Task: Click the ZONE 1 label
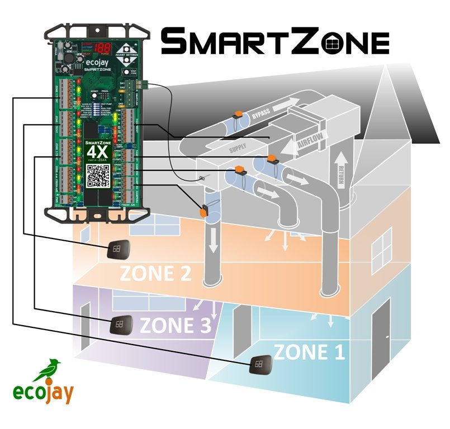(x=309, y=352)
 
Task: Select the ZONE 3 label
(x=175, y=325)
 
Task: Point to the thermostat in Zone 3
(x=120, y=323)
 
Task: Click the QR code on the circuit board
(x=98, y=175)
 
